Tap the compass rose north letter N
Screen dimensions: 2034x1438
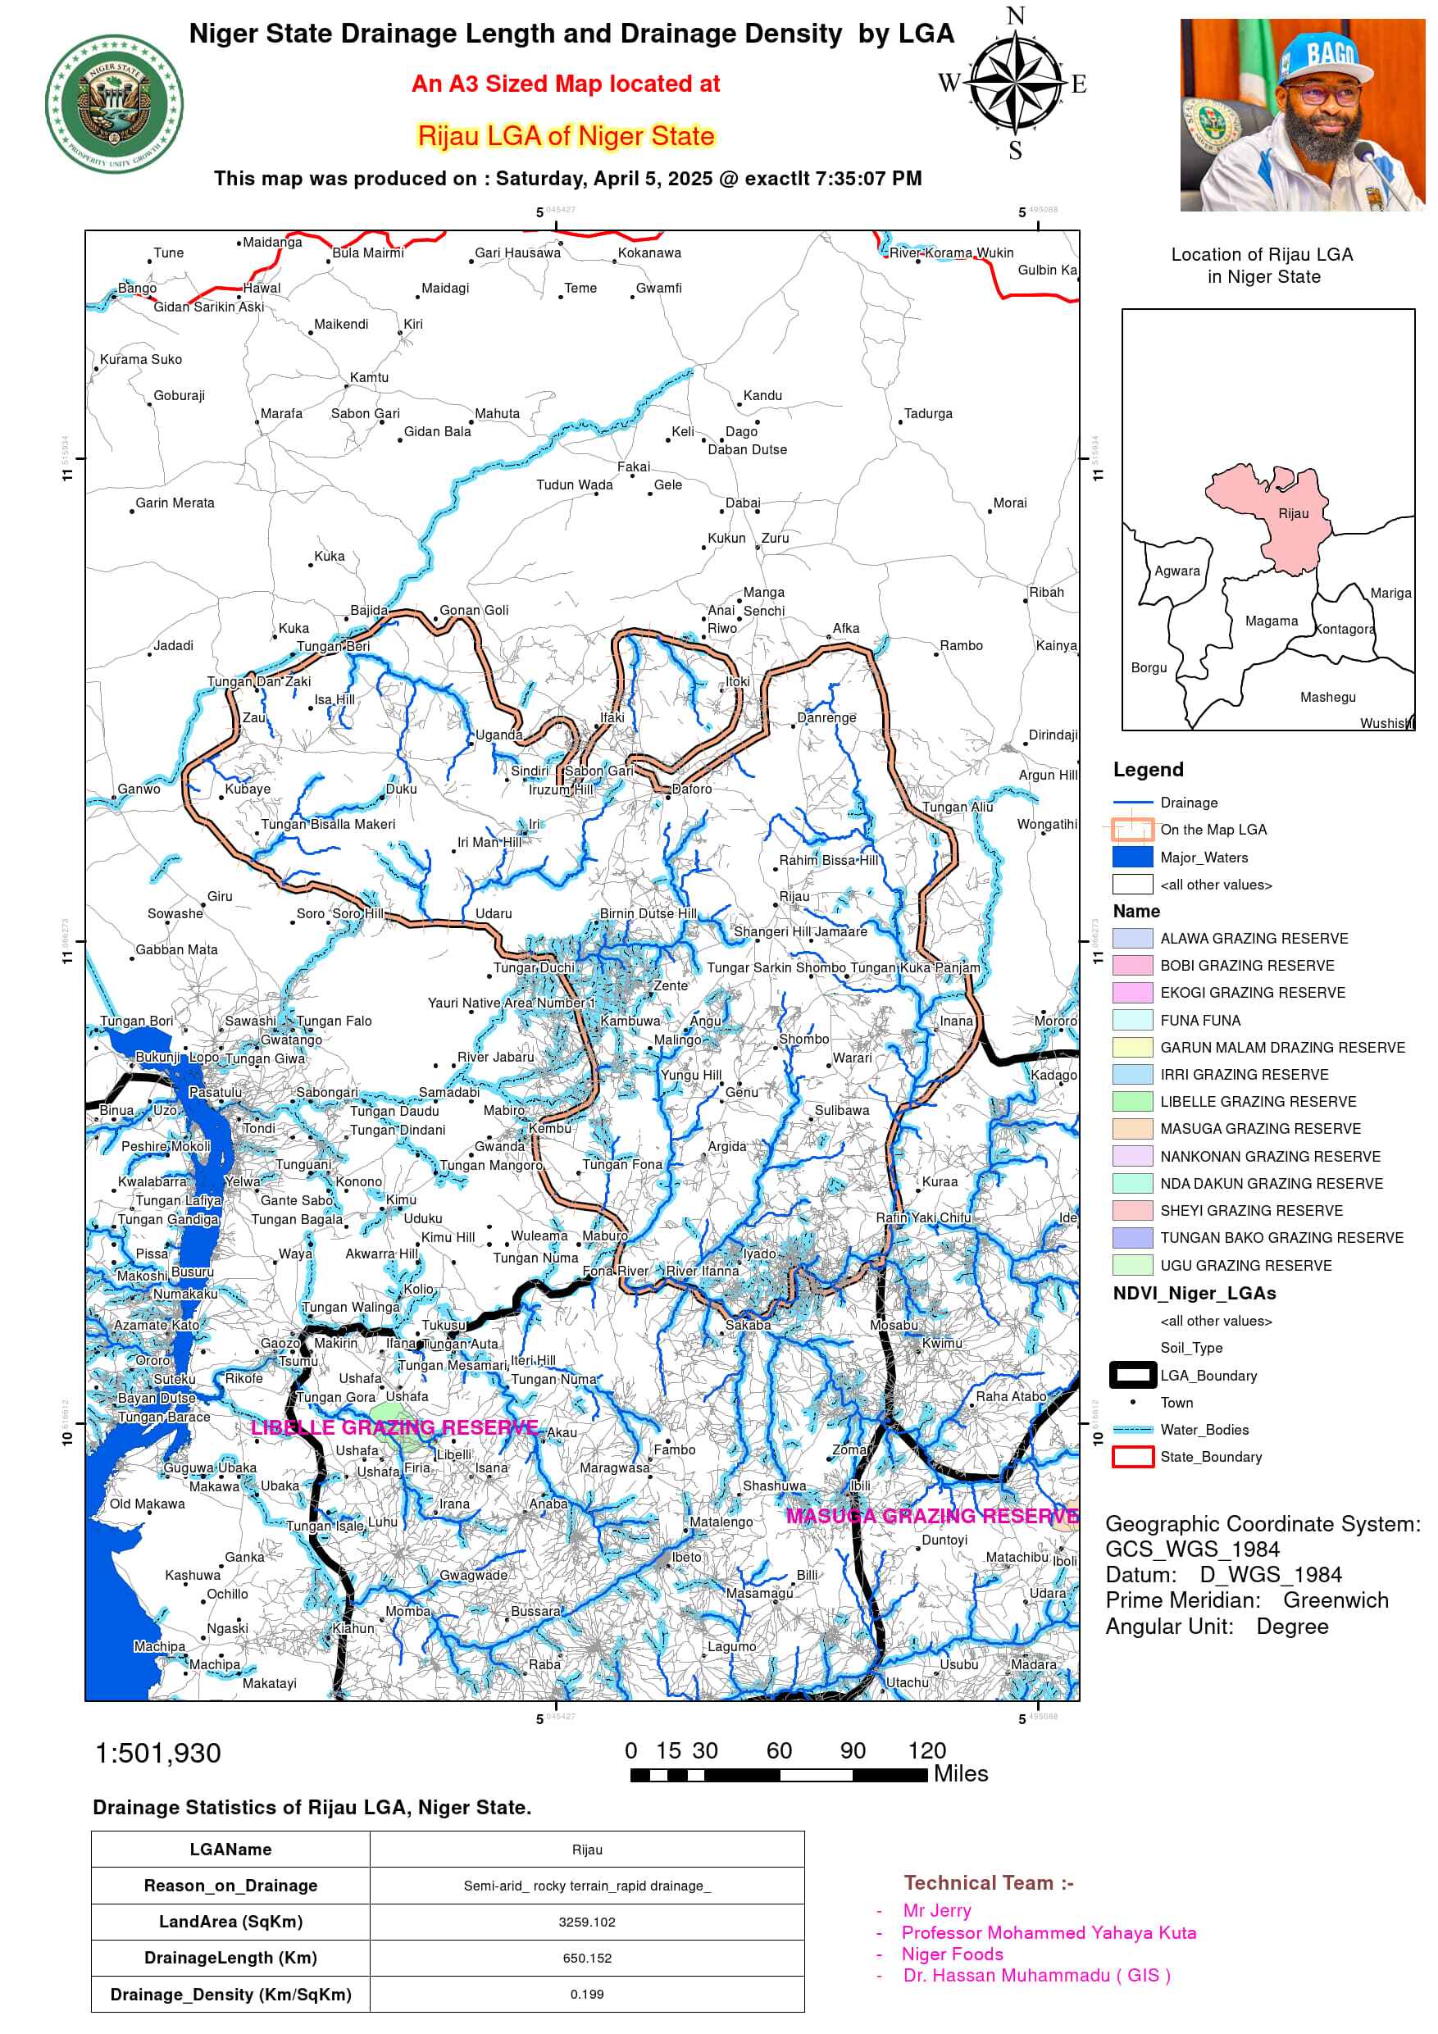1015,16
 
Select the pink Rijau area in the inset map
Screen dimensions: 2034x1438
1276,518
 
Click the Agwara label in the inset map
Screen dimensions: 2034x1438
1176,571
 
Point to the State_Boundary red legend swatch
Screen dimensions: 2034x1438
1132,1456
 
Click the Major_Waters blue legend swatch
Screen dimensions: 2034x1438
1132,857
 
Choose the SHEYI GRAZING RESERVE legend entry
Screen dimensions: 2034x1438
1250,1210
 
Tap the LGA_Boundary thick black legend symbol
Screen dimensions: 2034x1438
1132,1375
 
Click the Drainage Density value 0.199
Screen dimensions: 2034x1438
586,1994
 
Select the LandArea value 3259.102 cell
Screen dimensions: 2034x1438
586,1922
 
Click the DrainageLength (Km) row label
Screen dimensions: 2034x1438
230,1958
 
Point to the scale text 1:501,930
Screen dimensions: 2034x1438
157,1753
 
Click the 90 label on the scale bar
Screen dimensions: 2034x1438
853,1750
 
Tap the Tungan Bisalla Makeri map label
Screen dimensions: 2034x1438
328,824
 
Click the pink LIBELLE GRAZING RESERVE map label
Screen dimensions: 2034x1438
394,1427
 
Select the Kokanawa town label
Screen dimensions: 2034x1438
649,253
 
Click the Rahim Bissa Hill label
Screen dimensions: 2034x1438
828,860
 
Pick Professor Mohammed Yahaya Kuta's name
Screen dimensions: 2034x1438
1048,1932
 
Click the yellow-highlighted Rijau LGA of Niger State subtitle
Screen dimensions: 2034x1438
565,135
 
